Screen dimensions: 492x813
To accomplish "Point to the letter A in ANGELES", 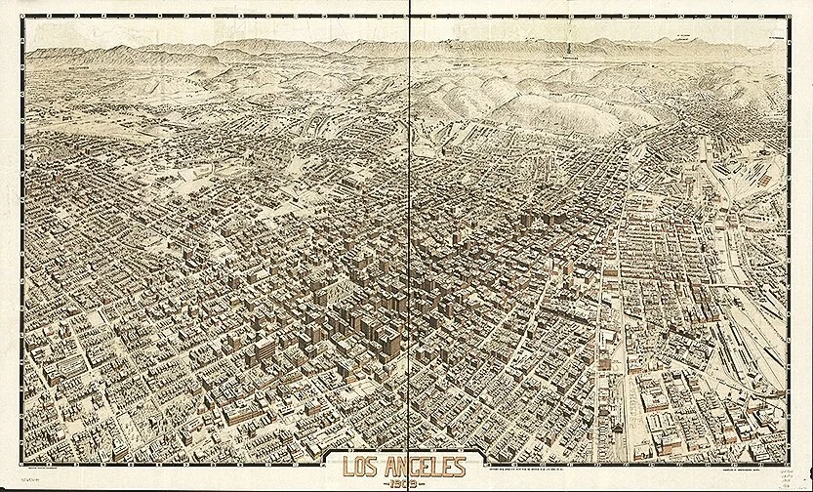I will pos(387,468).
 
